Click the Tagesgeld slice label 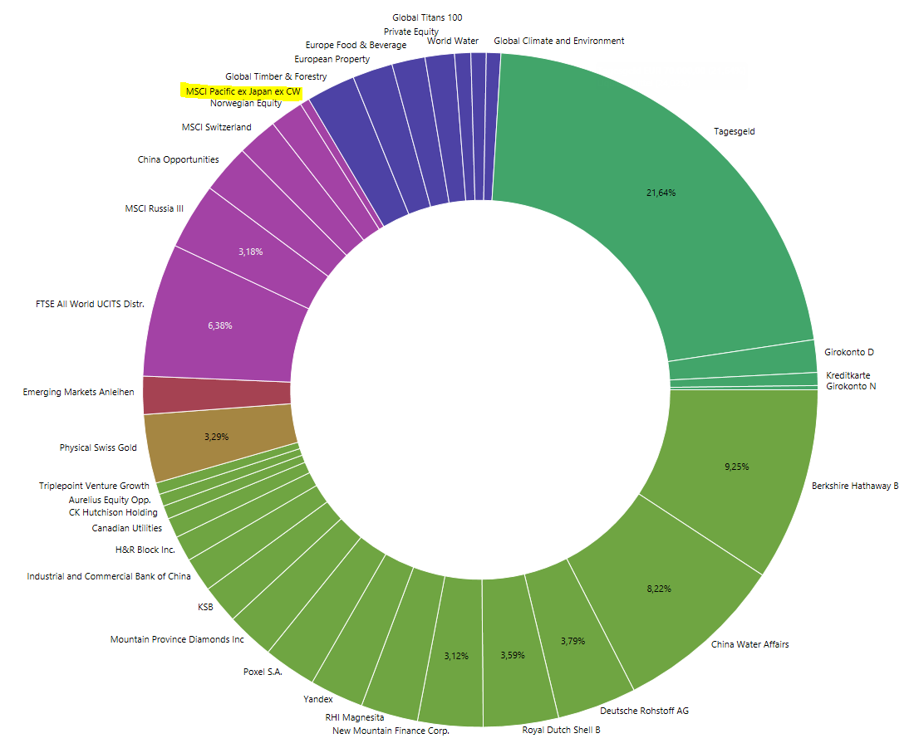tap(735, 131)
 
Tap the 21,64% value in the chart tap(661, 193)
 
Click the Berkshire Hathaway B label tap(855, 486)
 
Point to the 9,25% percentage tap(736, 467)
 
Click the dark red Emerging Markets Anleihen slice tap(216, 394)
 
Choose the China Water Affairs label tap(750, 644)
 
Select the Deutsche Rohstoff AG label tap(644, 711)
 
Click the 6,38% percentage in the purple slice tap(220, 325)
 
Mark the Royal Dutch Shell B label tap(561, 731)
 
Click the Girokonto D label tap(849, 353)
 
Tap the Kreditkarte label tap(848, 375)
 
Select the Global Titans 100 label tap(427, 17)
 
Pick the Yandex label tap(318, 700)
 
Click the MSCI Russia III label tap(150, 208)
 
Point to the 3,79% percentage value tap(573, 641)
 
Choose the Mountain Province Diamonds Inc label tap(178, 640)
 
